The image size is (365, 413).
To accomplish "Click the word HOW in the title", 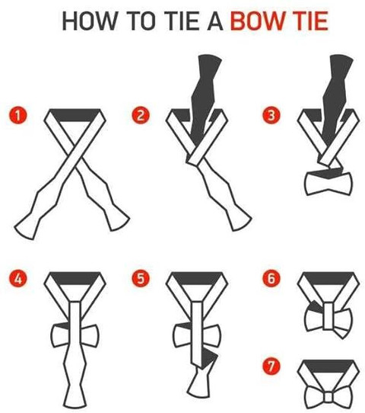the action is point(90,21).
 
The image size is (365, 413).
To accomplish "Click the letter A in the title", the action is point(215,21).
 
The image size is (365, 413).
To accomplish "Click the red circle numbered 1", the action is point(18,116).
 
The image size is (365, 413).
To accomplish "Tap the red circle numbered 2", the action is point(141,116).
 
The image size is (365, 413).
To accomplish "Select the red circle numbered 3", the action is point(271,116).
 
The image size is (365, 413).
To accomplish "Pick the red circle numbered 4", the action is point(18,278).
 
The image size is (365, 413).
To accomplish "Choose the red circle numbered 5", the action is point(141,278).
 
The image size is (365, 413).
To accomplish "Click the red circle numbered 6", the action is point(271,278).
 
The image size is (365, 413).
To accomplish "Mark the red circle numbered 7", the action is point(271,366).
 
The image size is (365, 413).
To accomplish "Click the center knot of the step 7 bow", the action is point(328,397).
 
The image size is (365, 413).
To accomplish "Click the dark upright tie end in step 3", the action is point(335,98).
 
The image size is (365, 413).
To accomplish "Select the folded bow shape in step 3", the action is point(328,182).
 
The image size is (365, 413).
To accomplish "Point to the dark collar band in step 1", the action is point(75,115).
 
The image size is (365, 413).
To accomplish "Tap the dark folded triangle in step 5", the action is point(209,359).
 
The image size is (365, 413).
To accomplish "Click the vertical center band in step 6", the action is point(328,316).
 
